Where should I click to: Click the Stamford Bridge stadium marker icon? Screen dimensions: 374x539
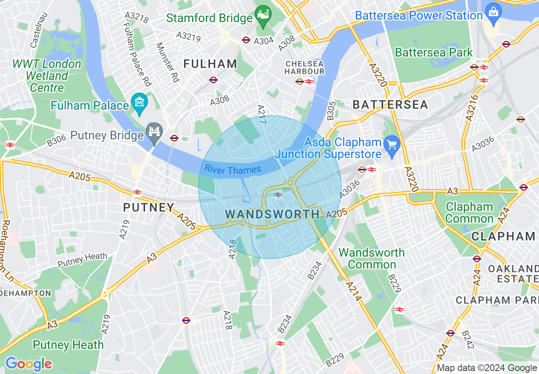(x=263, y=16)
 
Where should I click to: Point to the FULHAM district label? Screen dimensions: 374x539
(x=210, y=64)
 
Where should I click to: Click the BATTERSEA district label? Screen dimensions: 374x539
(x=390, y=105)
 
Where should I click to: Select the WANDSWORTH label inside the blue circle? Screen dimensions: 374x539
(x=272, y=214)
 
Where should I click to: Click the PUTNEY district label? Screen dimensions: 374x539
(x=149, y=207)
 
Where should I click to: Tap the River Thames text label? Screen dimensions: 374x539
(x=233, y=170)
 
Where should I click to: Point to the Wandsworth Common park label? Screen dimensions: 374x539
(x=372, y=258)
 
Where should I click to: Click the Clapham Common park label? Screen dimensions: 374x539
(x=470, y=213)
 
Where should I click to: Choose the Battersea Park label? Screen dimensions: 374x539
(x=434, y=53)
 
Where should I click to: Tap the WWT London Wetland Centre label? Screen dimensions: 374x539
(x=47, y=76)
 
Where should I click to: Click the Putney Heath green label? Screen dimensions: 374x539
(x=68, y=345)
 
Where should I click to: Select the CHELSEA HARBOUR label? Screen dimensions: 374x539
(x=304, y=68)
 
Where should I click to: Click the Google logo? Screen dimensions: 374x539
(x=28, y=364)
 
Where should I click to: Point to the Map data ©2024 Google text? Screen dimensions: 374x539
(x=487, y=368)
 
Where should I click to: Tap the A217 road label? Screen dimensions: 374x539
(x=262, y=114)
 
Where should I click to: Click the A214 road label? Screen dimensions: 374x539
(x=353, y=292)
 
